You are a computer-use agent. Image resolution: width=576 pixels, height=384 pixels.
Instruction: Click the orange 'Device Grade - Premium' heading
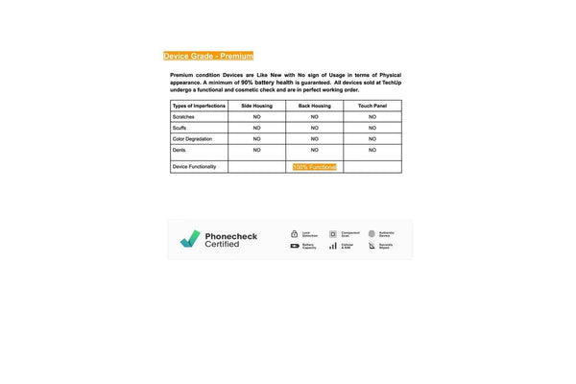pyautogui.click(x=208, y=56)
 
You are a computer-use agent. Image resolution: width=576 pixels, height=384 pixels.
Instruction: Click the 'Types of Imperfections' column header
pyautogui.click(x=199, y=105)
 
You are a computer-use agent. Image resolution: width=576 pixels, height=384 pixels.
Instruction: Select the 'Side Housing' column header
pyautogui.click(x=256, y=105)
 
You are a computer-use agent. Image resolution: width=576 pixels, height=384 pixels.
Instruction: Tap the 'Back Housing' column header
pyautogui.click(x=315, y=105)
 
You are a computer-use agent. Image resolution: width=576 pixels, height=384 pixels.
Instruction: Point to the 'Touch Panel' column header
pyautogui.click(x=372, y=105)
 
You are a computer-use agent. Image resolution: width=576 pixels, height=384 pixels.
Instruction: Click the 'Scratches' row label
pyautogui.click(x=183, y=116)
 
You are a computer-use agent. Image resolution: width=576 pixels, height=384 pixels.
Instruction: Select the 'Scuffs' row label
pyautogui.click(x=180, y=128)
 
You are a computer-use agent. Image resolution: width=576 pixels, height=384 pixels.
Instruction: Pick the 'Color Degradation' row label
pyautogui.click(x=192, y=139)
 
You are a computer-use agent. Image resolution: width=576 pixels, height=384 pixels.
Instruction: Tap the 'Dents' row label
pyautogui.click(x=180, y=150)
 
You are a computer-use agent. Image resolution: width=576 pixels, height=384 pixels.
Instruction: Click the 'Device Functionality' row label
pyautogui.click(x=194, y=166)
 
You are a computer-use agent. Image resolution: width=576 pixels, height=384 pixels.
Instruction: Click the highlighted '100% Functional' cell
pyautogui.click(x=315, y=167)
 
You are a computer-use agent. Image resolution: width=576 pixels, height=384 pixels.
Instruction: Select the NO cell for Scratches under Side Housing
pyautogui.click(x=256, y=116)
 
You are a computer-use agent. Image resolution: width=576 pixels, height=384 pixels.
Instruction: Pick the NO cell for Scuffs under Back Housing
pyautogui.click(x=315, y=128)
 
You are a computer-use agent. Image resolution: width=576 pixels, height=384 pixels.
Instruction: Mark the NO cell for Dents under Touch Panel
pyautogui.click(x=372, y=150)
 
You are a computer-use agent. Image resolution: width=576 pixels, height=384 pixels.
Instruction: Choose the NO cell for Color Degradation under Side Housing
pyautogui.click(x=256, y=139)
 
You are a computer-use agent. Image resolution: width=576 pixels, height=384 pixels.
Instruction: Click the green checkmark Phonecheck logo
pyautogui.click(x=190, y=239)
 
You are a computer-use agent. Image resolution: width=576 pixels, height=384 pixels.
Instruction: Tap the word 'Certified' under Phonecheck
pyautogui.click(x=222, y=245)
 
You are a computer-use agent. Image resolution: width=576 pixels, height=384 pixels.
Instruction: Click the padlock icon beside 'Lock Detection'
pyautogui.click(x=295, y=233)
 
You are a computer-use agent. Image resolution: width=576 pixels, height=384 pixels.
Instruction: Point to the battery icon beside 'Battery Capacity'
pyautogui.click(x=295, y=246)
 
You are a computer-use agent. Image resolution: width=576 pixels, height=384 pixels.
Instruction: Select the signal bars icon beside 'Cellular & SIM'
pyautogui.click(x=333, y=246)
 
